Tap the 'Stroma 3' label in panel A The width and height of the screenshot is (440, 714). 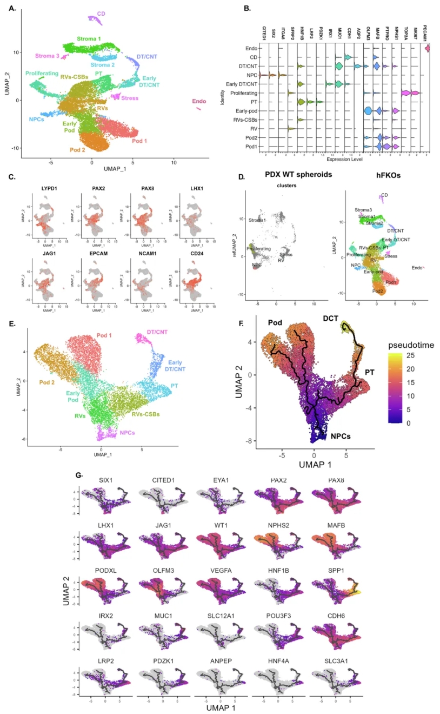click(x=47, y=56)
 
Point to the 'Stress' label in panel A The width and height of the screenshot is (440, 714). click(x=130, y=98)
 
